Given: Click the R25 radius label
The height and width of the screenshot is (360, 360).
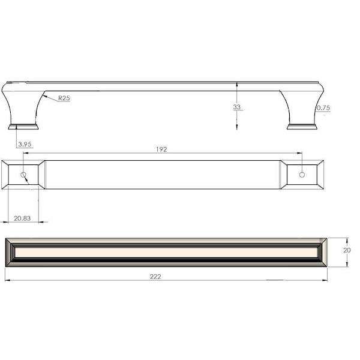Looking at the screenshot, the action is tap(64, 98).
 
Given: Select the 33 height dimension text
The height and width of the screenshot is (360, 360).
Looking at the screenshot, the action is tap(237, 107).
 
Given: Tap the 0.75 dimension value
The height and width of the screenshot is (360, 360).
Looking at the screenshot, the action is tap(323, 107).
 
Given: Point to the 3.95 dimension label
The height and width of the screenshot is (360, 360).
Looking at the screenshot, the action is tap(25, 144).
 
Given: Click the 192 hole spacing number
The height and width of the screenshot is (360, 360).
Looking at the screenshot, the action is tap(161, 149).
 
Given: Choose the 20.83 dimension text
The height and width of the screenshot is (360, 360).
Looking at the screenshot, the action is tap(22, 218).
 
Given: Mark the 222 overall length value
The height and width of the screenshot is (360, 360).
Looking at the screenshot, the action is tap(155, 277).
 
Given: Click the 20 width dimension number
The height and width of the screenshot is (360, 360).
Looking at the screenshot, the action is tap(347, 250).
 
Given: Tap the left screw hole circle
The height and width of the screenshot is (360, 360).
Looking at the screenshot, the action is tap(23, 175).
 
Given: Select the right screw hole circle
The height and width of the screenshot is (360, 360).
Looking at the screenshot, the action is tap(302, 175).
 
